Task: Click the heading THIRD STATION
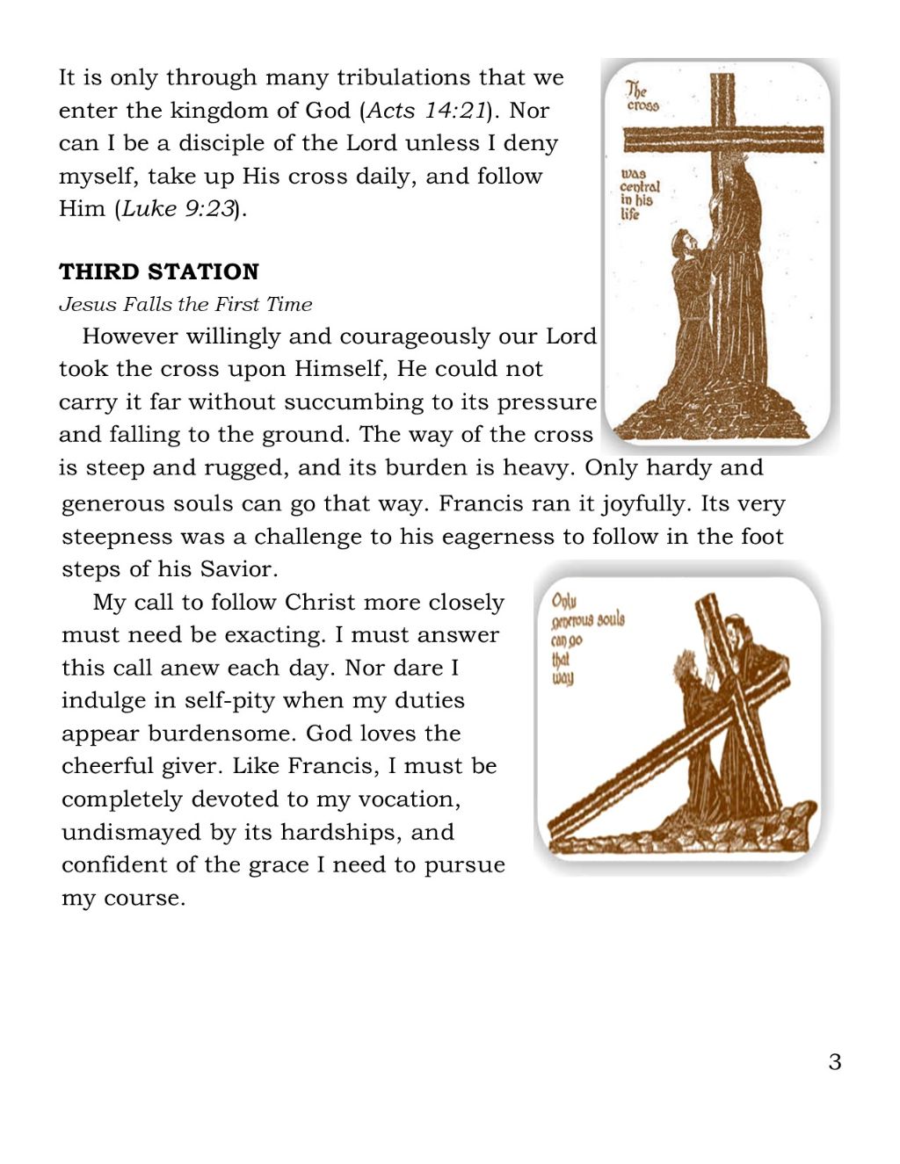(x=159, y=271)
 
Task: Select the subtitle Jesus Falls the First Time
(x=185, y=304)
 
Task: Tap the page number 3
(x=834, y=1062)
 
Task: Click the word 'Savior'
(x=237, y=569)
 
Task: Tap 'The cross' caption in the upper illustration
(x=641, y=97)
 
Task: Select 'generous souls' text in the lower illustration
(x=587, y=620)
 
